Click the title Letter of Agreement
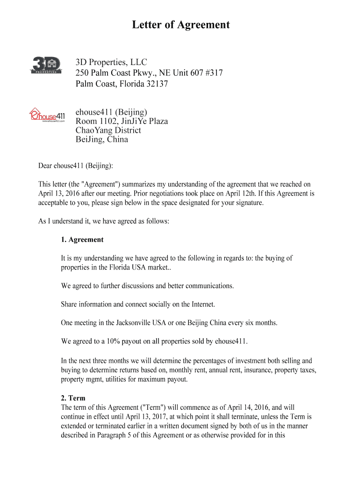coord(180,25)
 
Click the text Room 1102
coord(96,121)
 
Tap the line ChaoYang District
coord(108,130)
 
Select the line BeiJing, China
coord(101,139)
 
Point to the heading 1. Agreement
coord(82,239)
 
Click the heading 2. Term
coord(73,398)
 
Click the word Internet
coord(200,304)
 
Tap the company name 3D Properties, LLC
coord(112,62)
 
